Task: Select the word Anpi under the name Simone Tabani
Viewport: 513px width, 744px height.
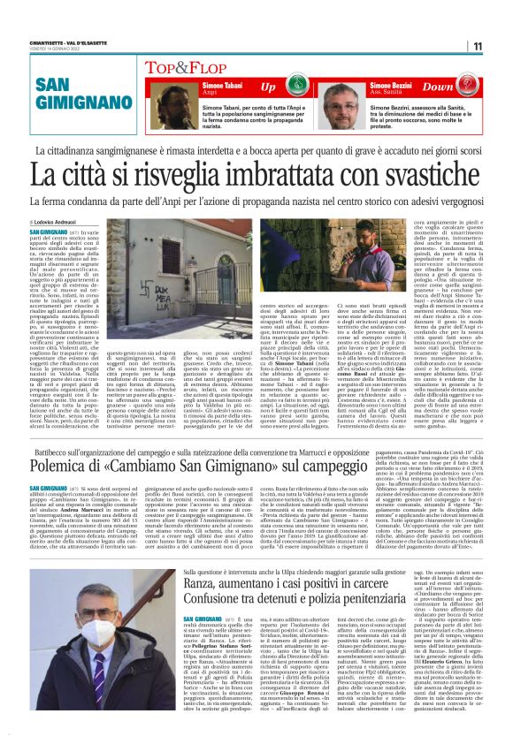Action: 210,92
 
